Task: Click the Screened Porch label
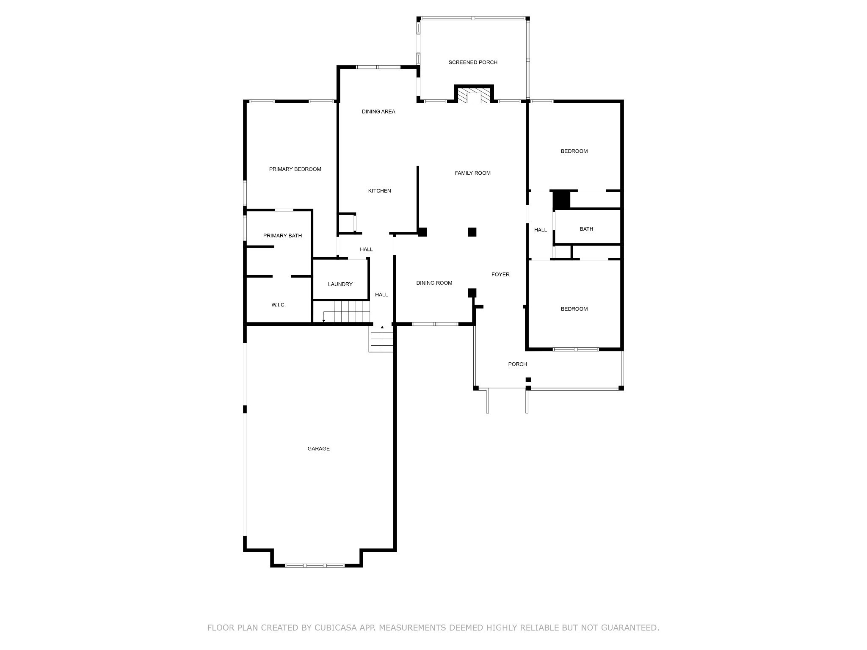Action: [x=473, y=63]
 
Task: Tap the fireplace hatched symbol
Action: [x=474, y=95]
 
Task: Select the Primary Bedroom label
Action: [x=295, y=169]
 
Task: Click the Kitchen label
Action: [x=379, y=191]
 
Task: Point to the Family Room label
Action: [x=472, y=173]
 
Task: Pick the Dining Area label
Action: [x=378, y=112]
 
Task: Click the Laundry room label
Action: [x=340, y=284]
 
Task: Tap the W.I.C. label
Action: [x=279, y=305]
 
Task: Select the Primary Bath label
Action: [x=282, y=236]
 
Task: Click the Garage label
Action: [x=318, y=449]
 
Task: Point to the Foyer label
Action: [x=500, y=275]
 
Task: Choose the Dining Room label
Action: [x=434, y=283]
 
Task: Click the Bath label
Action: [x=586, y=229]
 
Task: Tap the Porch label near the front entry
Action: [x=517, y=364]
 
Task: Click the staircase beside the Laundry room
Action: [x=346, y=312]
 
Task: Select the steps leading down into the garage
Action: [x=381, y=339]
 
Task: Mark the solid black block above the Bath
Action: [x=562, y=200]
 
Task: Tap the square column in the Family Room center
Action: [x=472, y=232]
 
